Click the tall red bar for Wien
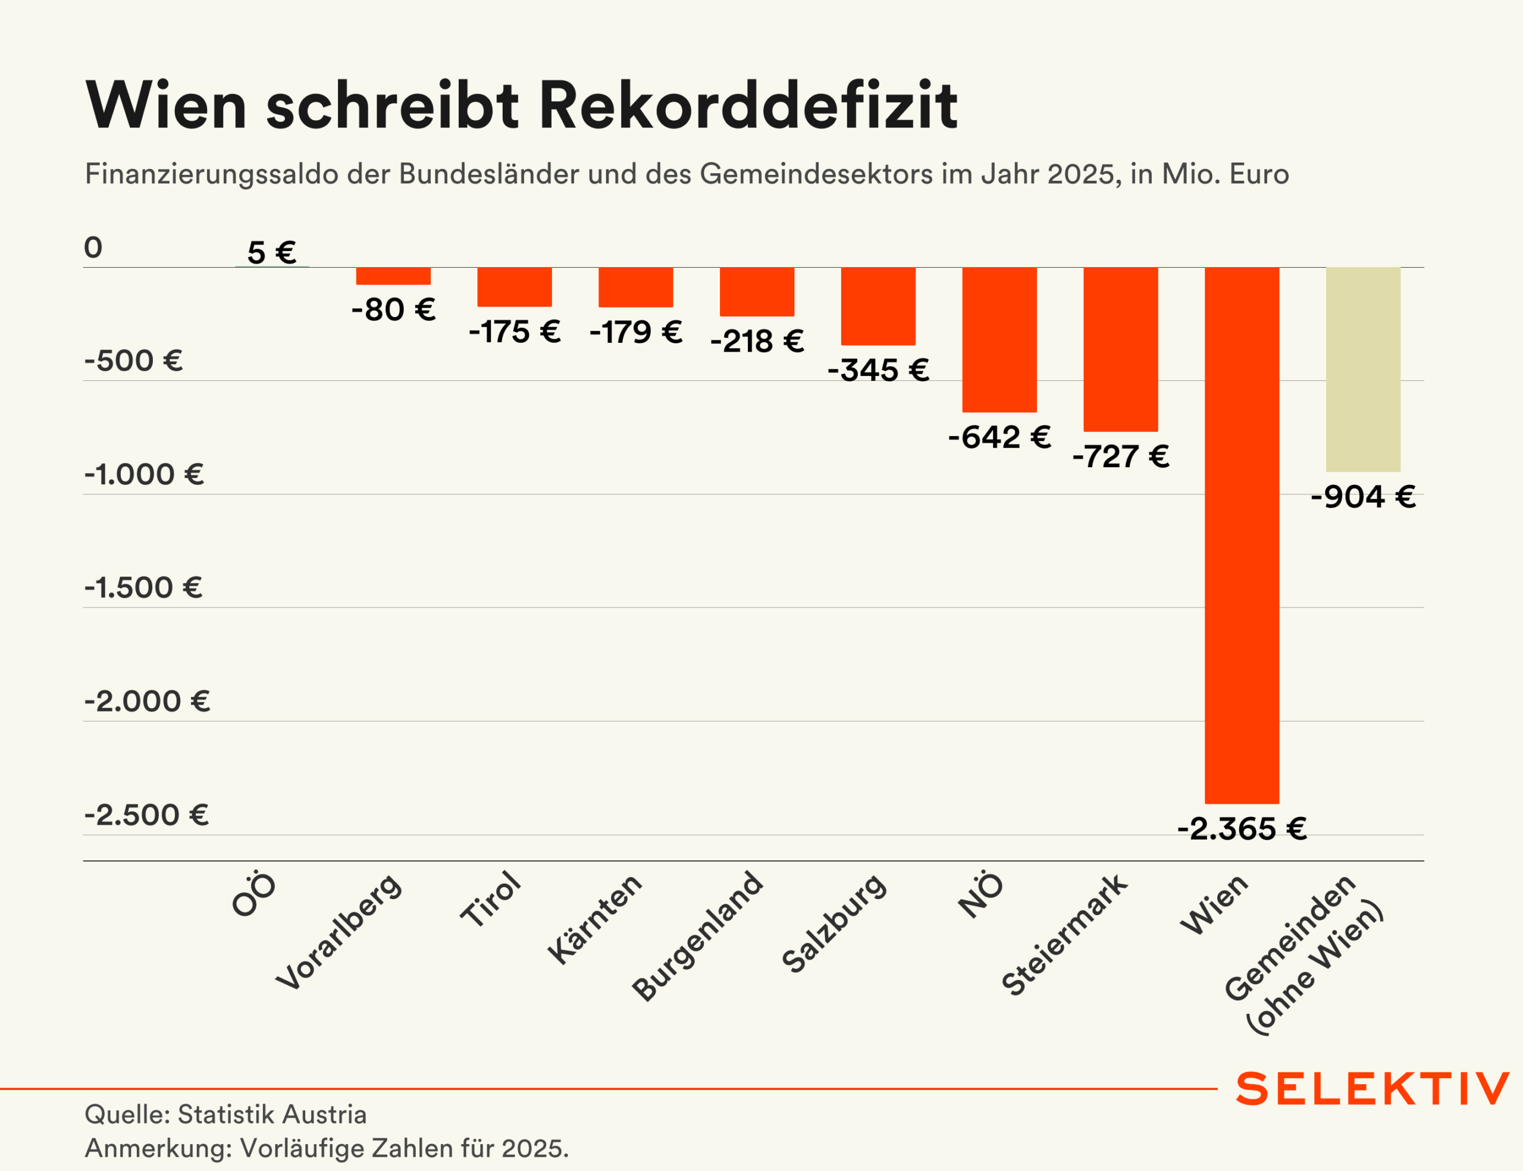pos(1242,536)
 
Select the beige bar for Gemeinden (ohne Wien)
pos(1363,370)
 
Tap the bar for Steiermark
pos(1120,349)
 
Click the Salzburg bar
pos(878,306)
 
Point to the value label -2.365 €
pos(1242,829)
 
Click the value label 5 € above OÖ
pos(272,252)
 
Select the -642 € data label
pos(999,437)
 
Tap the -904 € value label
pos(1363,497)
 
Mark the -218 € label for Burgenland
pos(757,341)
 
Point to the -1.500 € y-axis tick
pos(143,588)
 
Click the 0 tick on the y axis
pos(93,248)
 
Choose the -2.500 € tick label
pos(146,815)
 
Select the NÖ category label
pos(980,895)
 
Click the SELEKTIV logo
pos(1372,1089)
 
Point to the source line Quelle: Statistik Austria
pos(225,1114)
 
